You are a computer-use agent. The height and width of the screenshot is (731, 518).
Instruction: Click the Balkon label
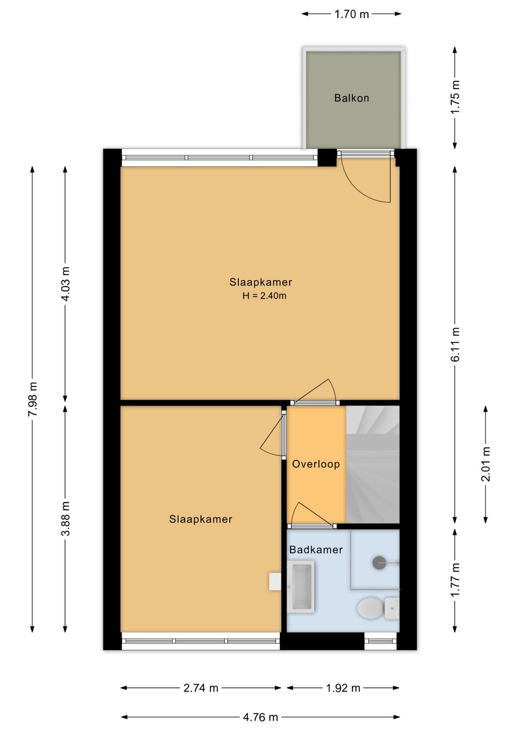pyautogui.click(x=351, y=98)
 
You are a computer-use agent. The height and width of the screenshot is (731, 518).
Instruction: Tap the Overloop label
pyautogui.click(x=316, y=464)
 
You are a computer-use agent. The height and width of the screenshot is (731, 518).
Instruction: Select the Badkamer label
pyautogui.click(x=316, y=550)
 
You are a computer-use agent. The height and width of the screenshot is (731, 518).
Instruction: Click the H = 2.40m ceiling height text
pyautogui.click(x=264, y=296)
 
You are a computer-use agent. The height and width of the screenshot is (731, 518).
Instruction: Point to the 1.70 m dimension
pyautogui.click(x=351, y=14)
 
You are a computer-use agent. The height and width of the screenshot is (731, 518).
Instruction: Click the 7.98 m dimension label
pyautogui.click(x=33, y=399)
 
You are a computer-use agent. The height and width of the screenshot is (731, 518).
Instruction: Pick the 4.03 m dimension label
pyautogui.click(x=65, y=284)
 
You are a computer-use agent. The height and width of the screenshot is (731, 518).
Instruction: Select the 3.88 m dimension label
pyautogui.click(x=65, y=519)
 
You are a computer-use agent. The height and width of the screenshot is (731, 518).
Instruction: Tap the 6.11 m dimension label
pyautogui.click(x=455, y=344)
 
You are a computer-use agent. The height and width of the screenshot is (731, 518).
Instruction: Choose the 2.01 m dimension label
pyautogui.click(x=486, y=464)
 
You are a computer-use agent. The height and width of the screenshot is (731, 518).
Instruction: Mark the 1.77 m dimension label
pyautogui.click(x=455, y=580)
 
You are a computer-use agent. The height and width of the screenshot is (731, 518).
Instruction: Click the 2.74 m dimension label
pyautogui.click(x=200, y=688)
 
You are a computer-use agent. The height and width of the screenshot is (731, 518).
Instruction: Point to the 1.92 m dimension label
pyautogui.click(x=343, y=688)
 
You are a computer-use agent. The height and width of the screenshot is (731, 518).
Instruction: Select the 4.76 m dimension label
pyautogui.click(x=260, y=717)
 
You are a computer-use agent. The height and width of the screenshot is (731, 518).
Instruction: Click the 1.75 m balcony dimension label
pyautogui.click(x=455, y=97)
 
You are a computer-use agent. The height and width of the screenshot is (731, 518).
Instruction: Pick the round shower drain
pyautogui.click(x=379, y=562)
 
